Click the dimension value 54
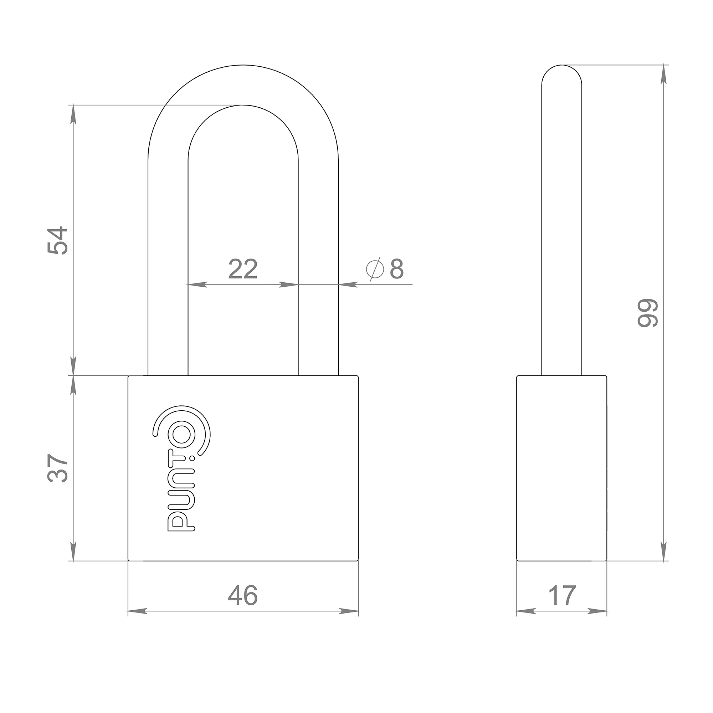[x=58, y=241]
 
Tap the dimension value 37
[x=58, y=469]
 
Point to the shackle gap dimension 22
[x=243, y=269]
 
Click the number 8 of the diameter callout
[x=397, y=269]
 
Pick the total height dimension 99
[x=648, y=313]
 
